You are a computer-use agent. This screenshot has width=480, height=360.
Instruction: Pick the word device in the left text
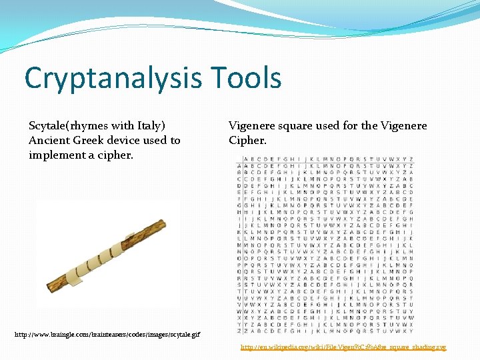click(127, 140)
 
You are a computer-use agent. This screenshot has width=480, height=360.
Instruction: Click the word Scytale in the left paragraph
click(48, 125)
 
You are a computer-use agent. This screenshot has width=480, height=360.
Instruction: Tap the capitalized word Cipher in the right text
click(247, 140)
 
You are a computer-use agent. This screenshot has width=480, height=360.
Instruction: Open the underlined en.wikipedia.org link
click(343, 347)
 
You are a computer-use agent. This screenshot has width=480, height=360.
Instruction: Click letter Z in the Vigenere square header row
click(411, 159)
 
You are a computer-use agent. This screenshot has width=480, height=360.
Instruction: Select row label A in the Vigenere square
click(240, 166)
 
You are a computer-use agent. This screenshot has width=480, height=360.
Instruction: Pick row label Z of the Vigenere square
click(240, 329)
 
